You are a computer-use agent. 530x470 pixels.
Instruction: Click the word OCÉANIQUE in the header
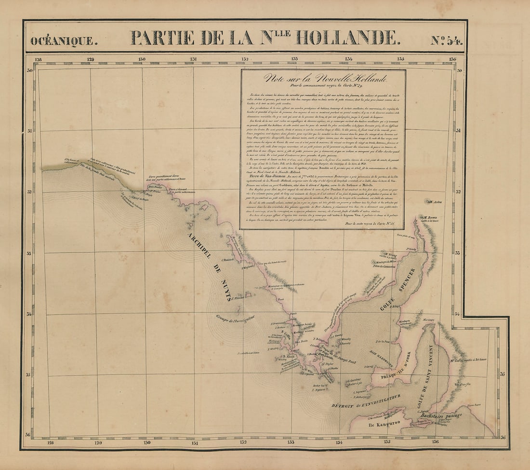(64, 41)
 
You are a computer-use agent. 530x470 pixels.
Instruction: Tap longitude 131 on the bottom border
(194, 442)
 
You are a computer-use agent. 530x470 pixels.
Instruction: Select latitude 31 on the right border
(460, 131)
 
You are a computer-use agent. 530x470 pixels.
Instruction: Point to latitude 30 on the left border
(29, 70)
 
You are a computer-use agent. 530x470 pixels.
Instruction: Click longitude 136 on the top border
(452, 59)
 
